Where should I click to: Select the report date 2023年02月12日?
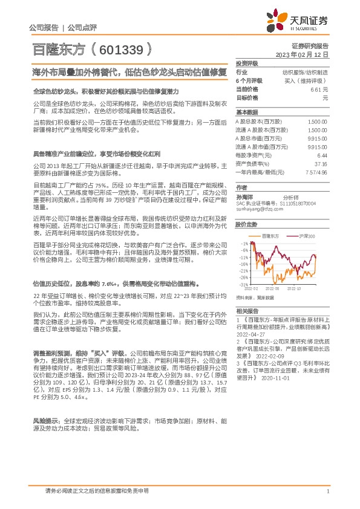(x=302, y=54)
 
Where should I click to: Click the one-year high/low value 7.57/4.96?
(x=317, y=172)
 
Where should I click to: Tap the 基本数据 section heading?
(x=247, y=112)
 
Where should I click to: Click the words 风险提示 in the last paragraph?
(x=45, y=419)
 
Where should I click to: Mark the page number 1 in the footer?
(x=327, y=492)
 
